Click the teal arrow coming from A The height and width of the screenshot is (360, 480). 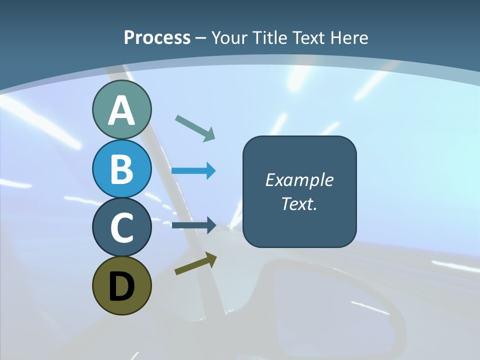click(195, 128)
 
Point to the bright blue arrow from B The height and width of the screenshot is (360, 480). click(193, 171)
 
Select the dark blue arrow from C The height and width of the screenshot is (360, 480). click(194, 224)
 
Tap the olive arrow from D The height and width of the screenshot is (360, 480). click(195, 263)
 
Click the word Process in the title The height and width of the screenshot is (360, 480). click(157, 38)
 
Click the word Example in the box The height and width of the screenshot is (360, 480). click(299, 180)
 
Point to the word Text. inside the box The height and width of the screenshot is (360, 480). click(299, 204)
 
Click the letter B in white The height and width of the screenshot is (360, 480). click(121, 169)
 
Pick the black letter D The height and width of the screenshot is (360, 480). click(121, 286)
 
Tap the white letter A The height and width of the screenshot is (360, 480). click(121, 111)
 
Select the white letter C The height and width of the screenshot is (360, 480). click(121, 227)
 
